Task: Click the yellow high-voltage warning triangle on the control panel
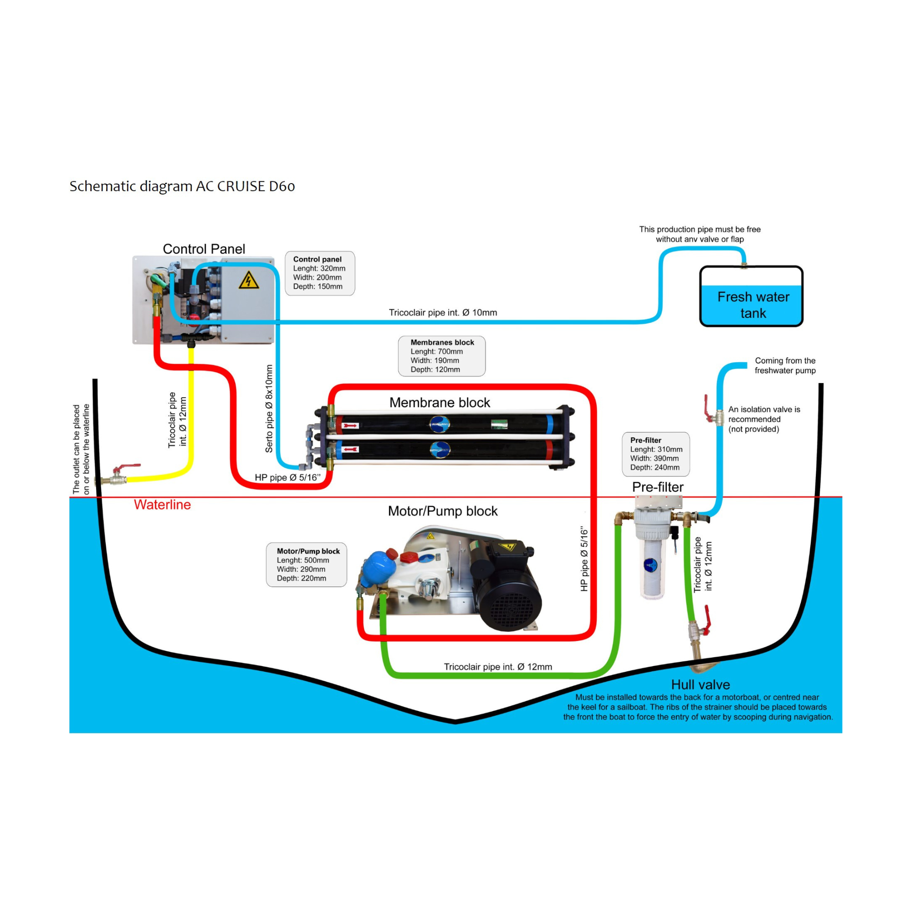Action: pos(249,280)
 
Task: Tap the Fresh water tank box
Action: pos(751,297)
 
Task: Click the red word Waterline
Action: pos(162,505)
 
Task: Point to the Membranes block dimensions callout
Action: pos(441,356)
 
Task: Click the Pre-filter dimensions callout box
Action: pos(655,454)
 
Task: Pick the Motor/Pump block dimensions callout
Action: pos(307,565)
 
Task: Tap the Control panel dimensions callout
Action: pos(319,273)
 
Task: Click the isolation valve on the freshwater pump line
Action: pos(714,414)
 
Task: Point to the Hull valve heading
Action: pos(700,685)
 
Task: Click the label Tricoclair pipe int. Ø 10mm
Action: pos(442,312)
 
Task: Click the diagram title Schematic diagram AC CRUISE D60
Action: pos(182,186)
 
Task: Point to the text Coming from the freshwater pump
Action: pos(785,365)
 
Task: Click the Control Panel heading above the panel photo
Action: pos(204,249)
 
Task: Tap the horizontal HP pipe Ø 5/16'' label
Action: pos(287,478)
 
